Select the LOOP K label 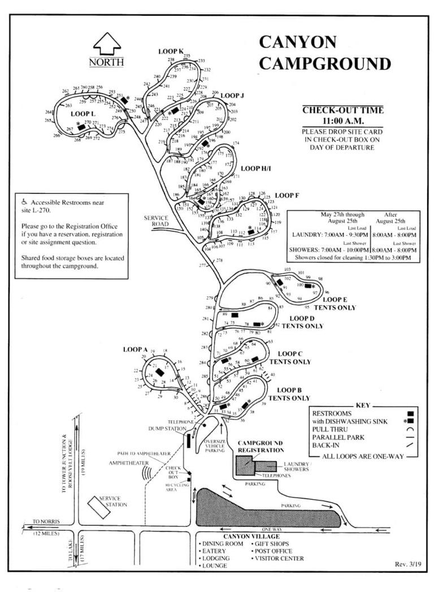[171, 51]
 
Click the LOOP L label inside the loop [83, 114]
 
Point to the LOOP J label [232, 96]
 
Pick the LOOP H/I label [257, 168]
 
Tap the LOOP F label [287, 196]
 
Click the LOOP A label [135, 349]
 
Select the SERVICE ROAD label [157, 221]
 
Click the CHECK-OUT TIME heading [342, 110]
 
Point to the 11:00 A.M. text [342, 120]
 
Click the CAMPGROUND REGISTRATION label [261, 446]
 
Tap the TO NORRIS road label [45, 521]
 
